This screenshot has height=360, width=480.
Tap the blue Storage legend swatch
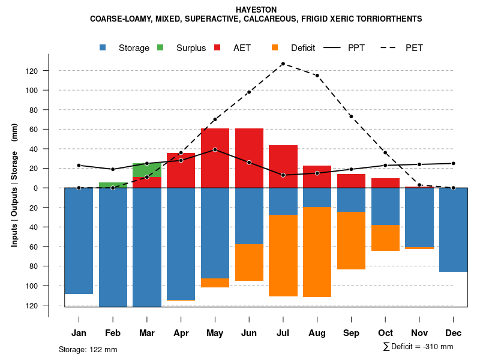point(104,47)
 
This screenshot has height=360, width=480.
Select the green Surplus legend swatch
point(161,47)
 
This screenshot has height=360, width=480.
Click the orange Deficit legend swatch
point(275,47)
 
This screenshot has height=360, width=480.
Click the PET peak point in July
point(283,64)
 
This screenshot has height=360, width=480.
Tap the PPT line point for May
point(215,149)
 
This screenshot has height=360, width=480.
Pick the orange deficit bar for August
point(317,252)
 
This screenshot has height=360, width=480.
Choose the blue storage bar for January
point(79,241)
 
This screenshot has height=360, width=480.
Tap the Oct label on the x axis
point(385,333)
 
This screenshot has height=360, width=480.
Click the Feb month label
point(113,333)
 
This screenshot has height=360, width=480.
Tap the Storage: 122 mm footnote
point(88,349)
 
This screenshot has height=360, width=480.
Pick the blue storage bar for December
point(453,230)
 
